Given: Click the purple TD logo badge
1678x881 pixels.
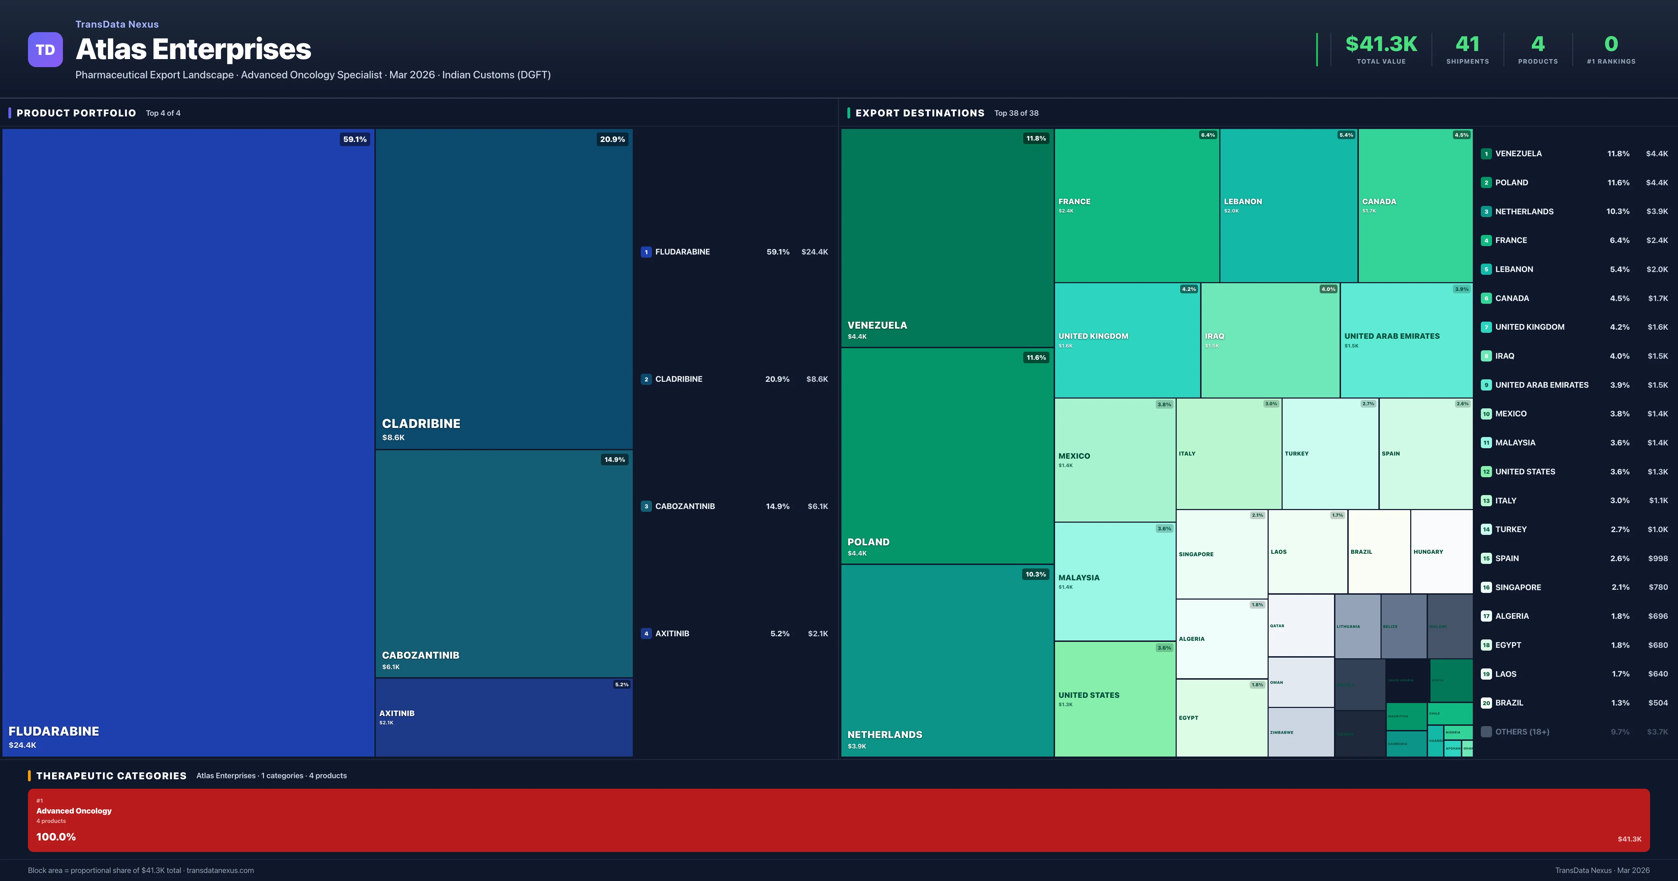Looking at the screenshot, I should (45, 50).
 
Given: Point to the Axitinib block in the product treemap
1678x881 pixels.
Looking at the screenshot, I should (503, 717).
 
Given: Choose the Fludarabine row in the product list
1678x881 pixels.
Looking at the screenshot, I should (734, 251).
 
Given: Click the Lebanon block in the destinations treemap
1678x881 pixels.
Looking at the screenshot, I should (1288, 205).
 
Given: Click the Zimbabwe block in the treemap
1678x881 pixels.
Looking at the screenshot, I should (1300, 732).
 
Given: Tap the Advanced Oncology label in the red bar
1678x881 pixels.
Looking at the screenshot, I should (74, 811).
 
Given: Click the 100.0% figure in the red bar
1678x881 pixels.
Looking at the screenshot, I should (56, 837).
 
